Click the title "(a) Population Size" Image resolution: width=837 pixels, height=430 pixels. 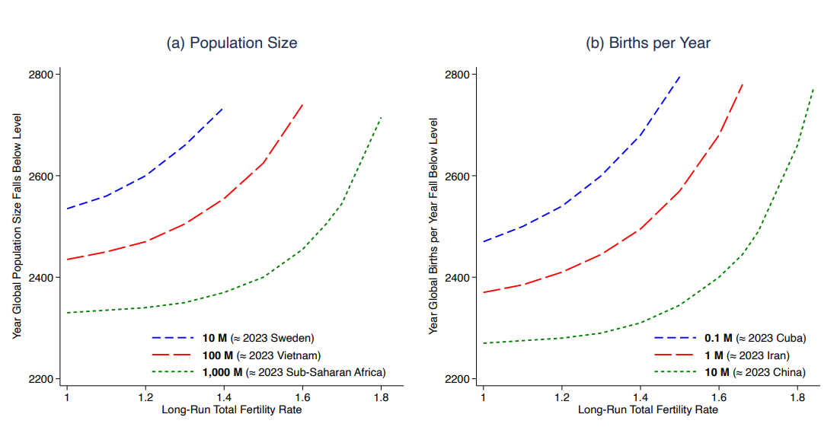point(232,43)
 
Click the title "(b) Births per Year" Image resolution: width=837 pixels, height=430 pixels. point(647,43)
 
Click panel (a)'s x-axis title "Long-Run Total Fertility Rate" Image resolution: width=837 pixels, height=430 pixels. point(232,409)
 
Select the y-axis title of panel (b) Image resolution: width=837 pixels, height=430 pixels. point(434,226)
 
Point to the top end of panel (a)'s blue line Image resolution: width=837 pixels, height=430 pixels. point(223,108)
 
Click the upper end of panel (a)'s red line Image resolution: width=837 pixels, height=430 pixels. point(302,104)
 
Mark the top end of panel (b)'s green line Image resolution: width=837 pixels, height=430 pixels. point(814,88)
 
